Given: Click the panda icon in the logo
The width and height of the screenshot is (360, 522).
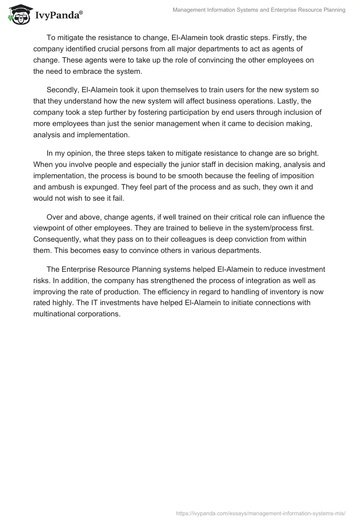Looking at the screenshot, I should tap(17, 15).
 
